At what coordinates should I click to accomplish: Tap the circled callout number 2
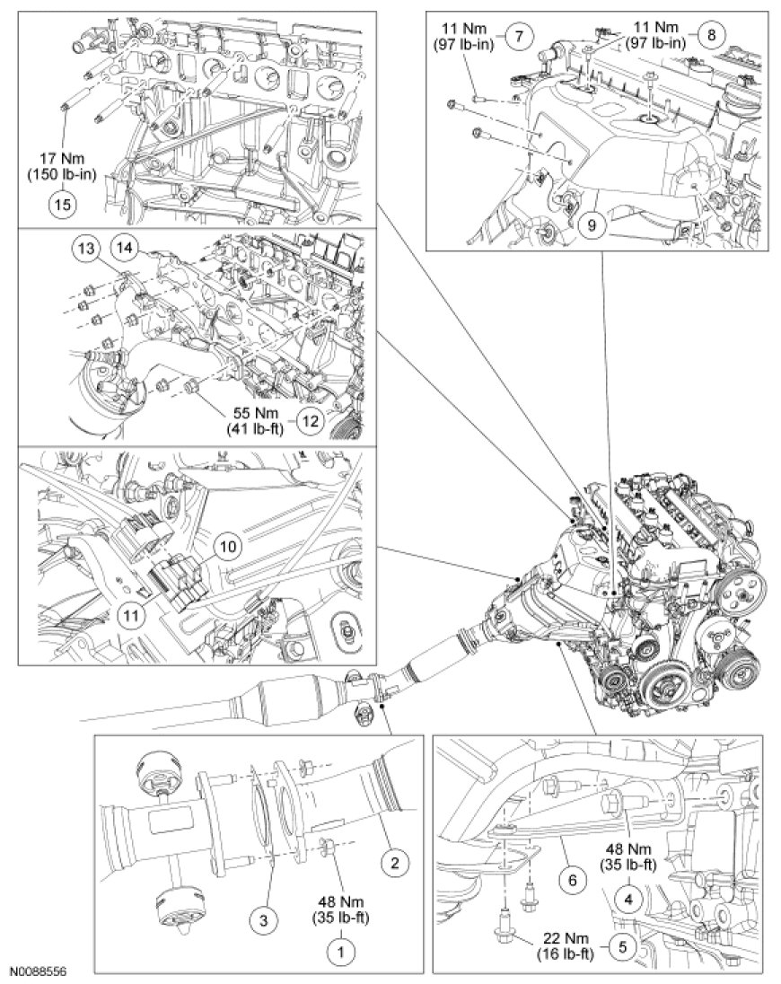(x=391, y=865)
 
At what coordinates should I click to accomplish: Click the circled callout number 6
(x=572, y=856)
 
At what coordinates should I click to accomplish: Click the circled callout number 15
(x=61, y=203)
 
